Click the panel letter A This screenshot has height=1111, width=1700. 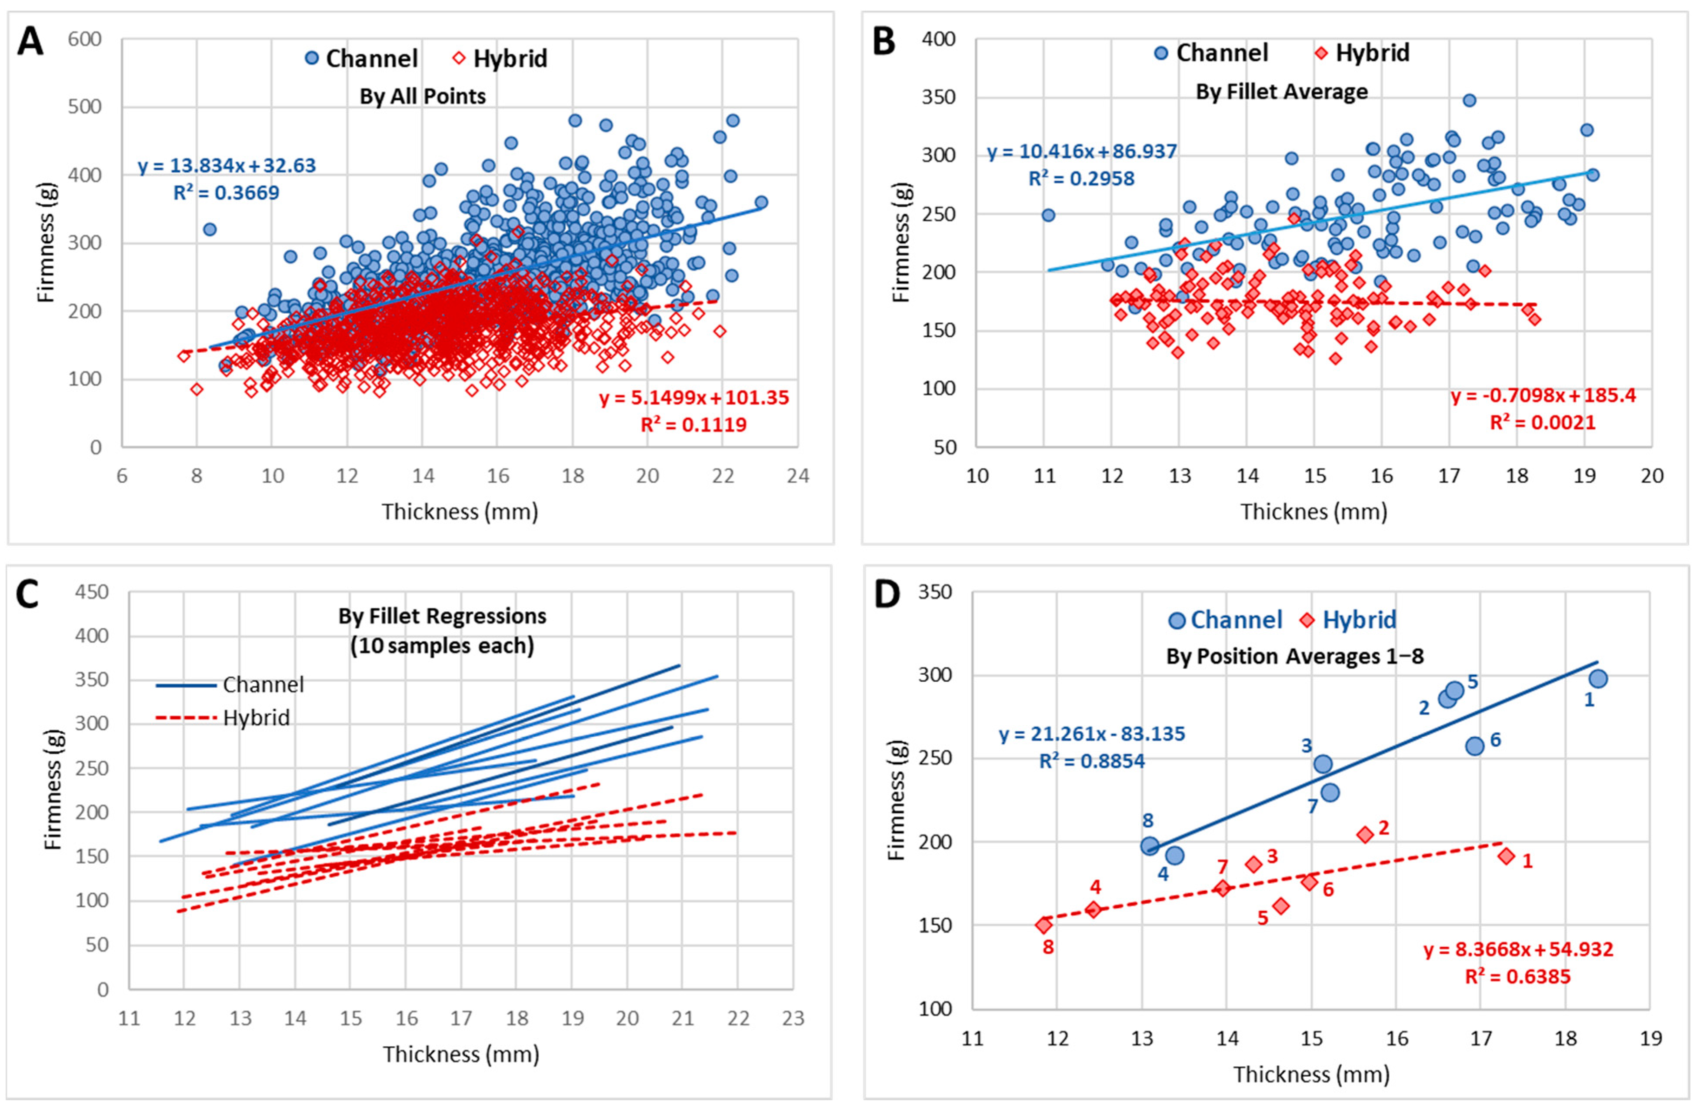click(30, 41)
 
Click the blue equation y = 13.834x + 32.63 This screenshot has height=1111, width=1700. click(227, 166)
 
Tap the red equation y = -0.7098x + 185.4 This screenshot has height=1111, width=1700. click(1543, 395)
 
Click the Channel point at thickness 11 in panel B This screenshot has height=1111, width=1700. click(1048, 215)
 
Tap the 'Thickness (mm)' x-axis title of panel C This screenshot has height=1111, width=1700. click(461, 1054)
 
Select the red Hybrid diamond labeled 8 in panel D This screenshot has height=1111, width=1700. click(1043, 925)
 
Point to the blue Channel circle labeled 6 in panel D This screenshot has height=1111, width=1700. click(1474, 746)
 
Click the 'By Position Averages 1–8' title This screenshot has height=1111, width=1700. click(1294, 656)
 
